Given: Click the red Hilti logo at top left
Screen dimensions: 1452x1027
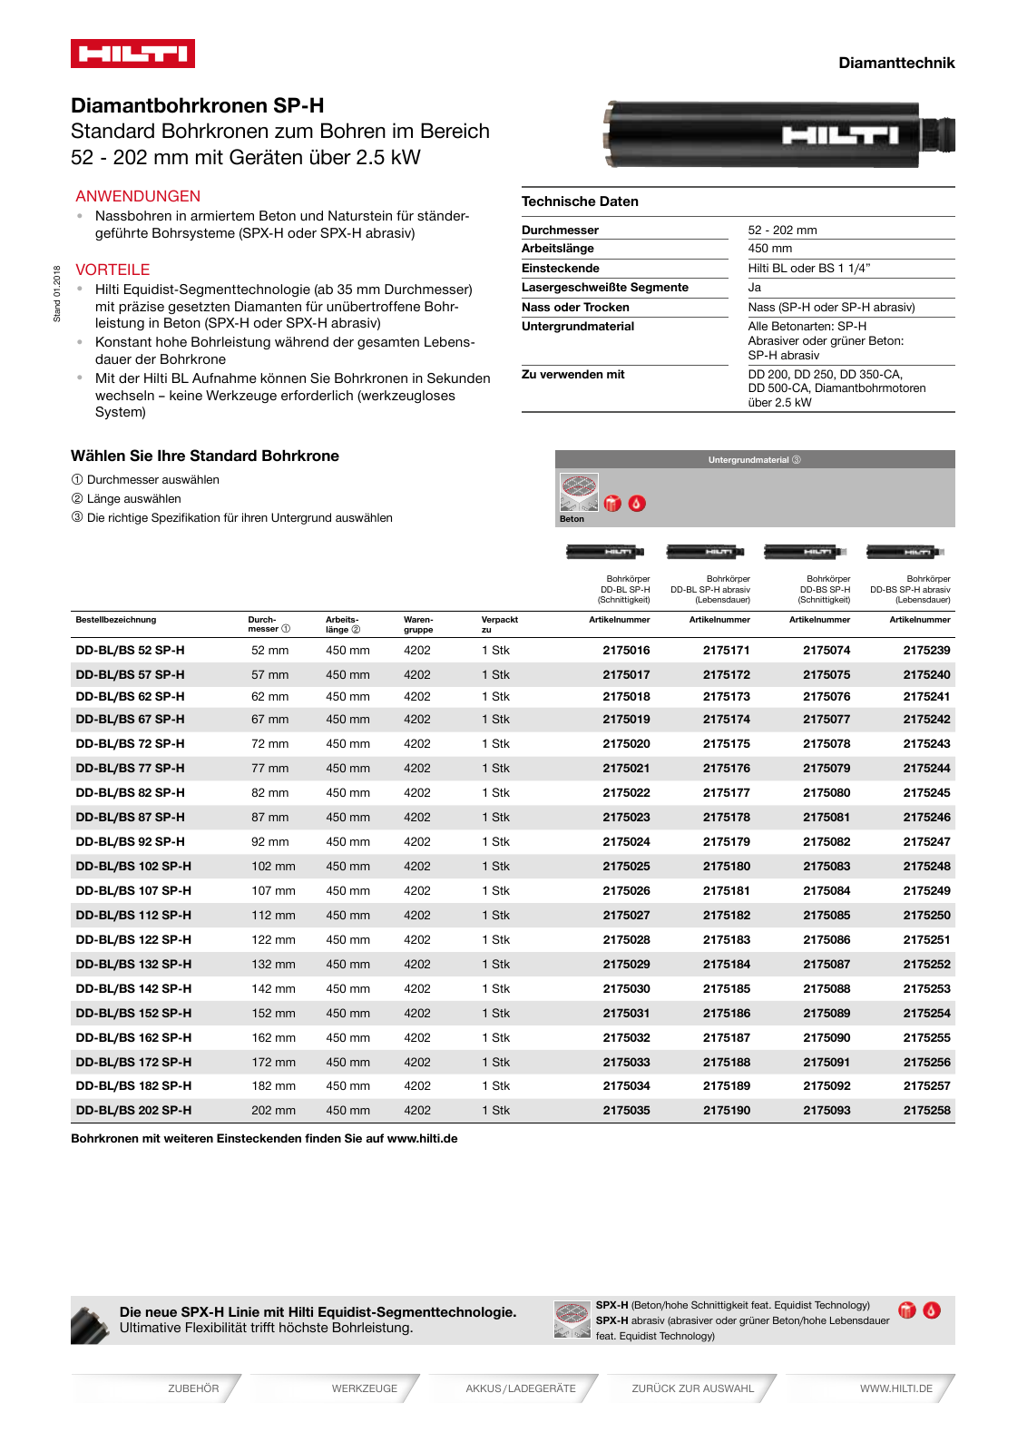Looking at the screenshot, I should pos(132,54).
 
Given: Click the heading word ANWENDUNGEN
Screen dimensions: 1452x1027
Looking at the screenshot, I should pos(138,196).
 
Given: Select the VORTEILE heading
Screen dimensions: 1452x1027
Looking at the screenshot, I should pos(112,270).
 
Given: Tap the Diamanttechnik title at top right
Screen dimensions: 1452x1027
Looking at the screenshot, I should pos(895,63).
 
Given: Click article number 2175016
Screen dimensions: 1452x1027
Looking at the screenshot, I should pos(626,651).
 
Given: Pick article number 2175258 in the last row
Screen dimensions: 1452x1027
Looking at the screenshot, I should pos(926,1110).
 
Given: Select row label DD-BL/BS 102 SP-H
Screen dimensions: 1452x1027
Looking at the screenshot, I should pos(133,866).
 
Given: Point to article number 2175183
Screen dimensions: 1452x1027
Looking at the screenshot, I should pos(726,939).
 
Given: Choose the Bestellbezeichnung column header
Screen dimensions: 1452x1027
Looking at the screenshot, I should pos(116,620).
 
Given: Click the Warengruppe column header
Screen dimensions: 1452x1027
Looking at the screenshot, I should pos(417,624).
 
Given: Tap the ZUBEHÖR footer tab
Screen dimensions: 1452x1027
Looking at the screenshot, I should pos(193,1388).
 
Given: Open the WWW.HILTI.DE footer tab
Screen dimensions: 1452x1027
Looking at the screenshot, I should pos(895,1388).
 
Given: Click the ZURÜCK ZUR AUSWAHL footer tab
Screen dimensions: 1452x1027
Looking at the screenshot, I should pos(692,1388).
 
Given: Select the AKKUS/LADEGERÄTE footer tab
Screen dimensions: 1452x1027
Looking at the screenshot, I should pos(521,1388).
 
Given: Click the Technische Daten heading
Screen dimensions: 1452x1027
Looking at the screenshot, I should pos(580,201).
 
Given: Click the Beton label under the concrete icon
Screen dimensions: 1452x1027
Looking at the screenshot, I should pos(572,519).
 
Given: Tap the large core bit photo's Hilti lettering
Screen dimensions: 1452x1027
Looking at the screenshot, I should pos(840,135).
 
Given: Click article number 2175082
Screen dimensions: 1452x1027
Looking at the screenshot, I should pos(826,841).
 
